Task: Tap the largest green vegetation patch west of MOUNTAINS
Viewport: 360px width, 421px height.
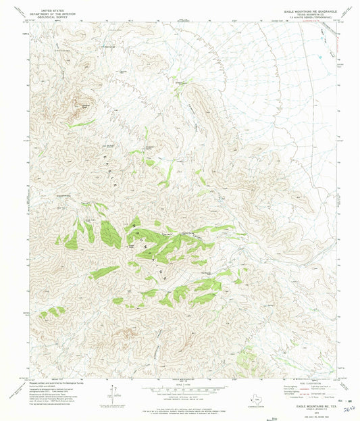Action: click(x=110, y=234)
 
